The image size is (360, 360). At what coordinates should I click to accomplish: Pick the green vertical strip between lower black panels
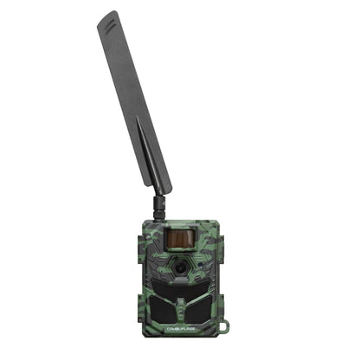[180, 317]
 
